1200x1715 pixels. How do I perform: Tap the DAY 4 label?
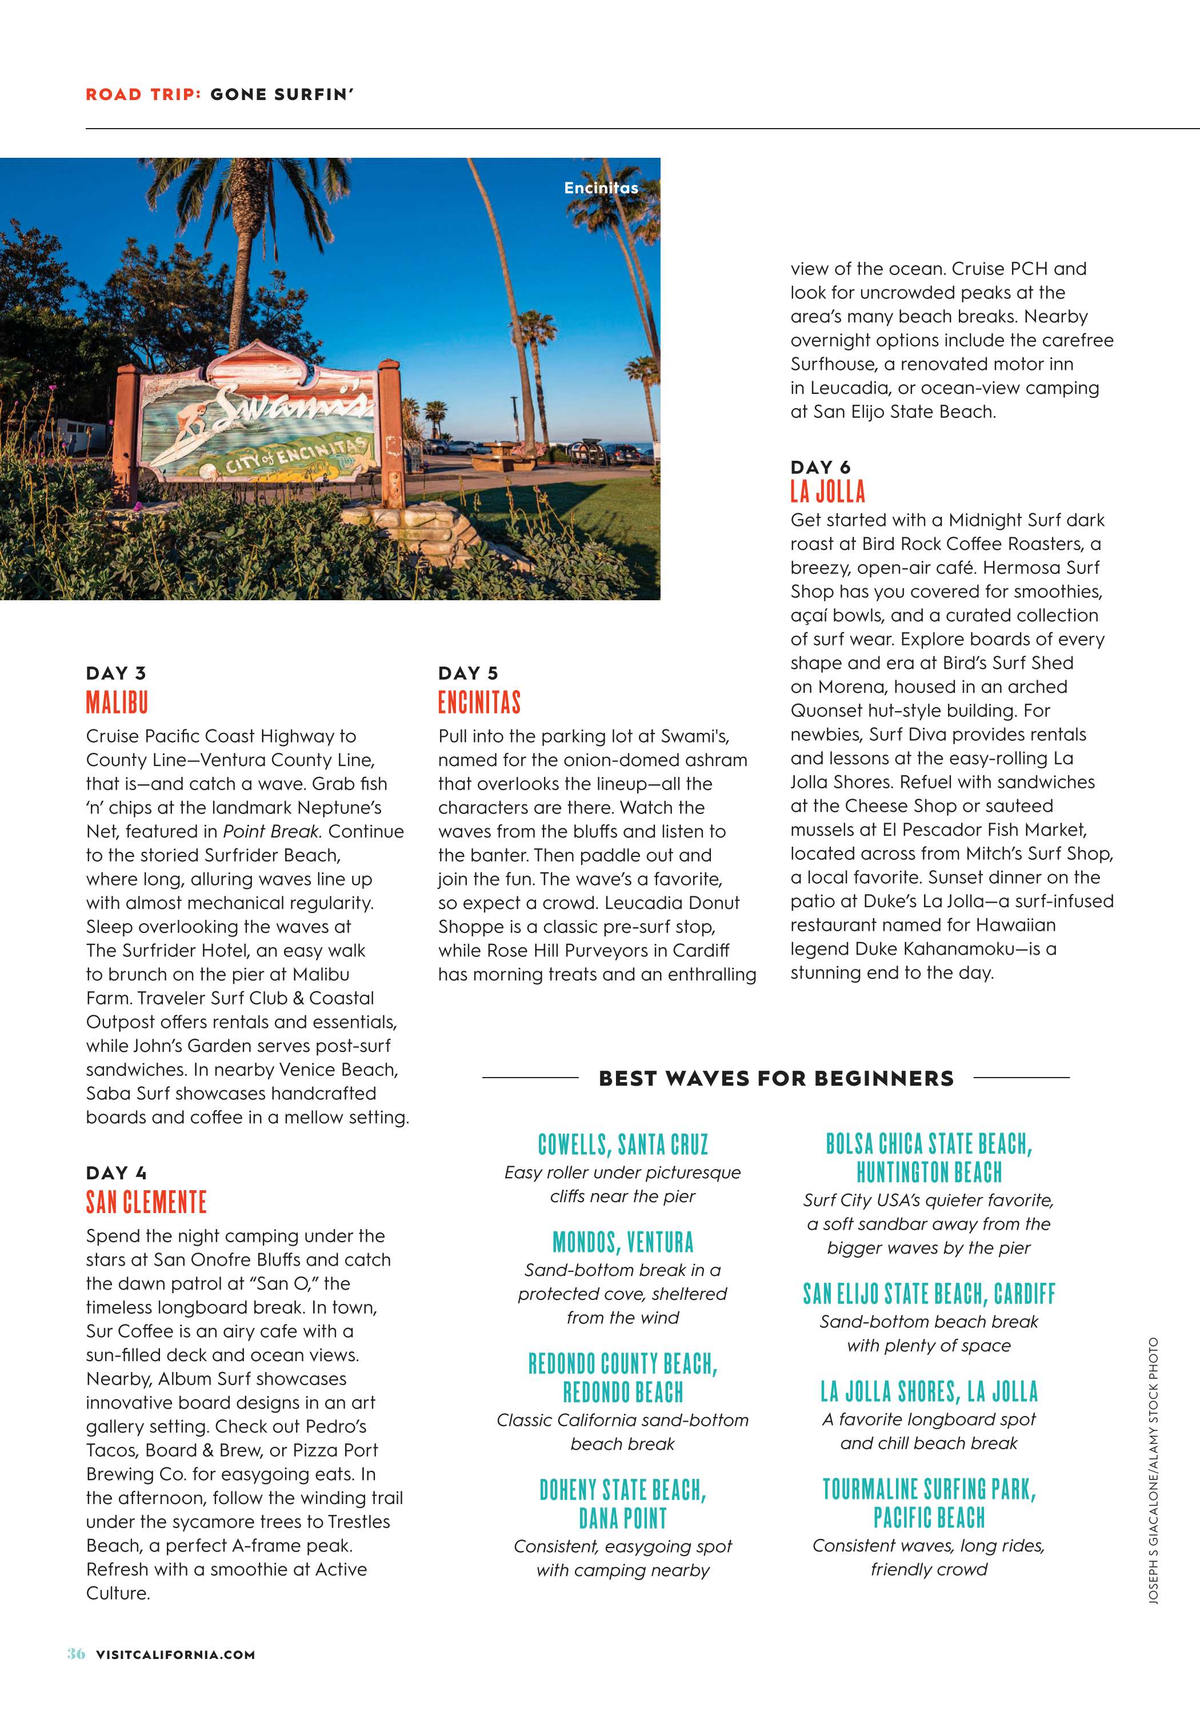[x=116, y=1172]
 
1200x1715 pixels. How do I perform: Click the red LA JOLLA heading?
[x=827, y=492]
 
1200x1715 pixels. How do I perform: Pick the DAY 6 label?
[x=820, y=467]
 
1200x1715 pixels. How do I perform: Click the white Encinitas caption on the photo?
[x=601, y=188]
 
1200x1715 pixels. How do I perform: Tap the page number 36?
[x=76, y=1654]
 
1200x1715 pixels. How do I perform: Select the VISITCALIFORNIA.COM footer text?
[x=175, y=1654]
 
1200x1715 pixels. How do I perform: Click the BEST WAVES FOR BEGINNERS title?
[x=776, y=1078]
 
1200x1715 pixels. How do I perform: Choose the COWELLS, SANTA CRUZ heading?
[x=623, y=1144]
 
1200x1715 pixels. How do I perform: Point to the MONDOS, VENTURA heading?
[x=623, y=1242]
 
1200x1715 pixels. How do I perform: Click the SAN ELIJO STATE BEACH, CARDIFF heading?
[x=929, y=1294]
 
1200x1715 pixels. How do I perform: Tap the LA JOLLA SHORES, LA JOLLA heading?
[x=929, y=1391]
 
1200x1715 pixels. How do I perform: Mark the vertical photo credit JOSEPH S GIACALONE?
[x=1154, y=1539]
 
